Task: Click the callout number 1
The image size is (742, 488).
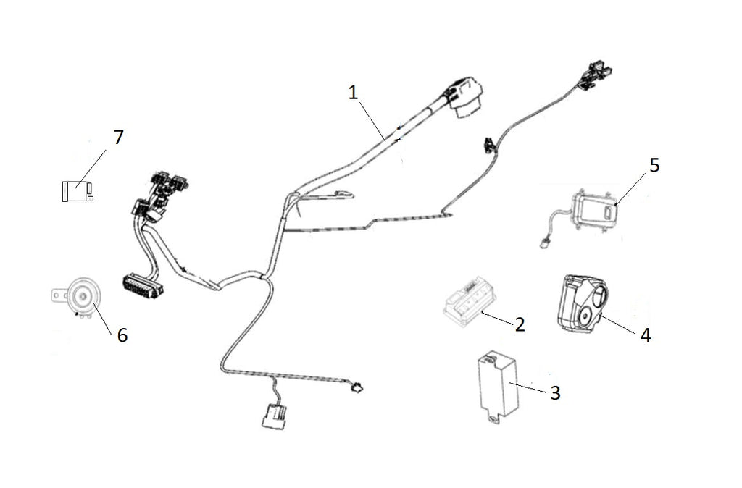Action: pos(353,93)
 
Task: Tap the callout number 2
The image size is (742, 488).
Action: pos(520,324)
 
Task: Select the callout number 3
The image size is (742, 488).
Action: pos(555,392)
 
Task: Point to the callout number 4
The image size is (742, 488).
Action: pos(644,335)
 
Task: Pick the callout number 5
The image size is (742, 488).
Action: pos(654,165)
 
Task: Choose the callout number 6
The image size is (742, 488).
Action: pos(122,335)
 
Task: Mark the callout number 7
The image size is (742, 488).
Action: pos(118,138)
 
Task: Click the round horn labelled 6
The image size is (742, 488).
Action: pos(81,295)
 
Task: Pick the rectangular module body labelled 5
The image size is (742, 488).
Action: pos(596,210)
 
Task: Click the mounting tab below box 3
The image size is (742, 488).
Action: pos(495,418)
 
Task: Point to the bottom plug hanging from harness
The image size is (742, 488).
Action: pos(273,418)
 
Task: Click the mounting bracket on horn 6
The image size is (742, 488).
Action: pos(57,295)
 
